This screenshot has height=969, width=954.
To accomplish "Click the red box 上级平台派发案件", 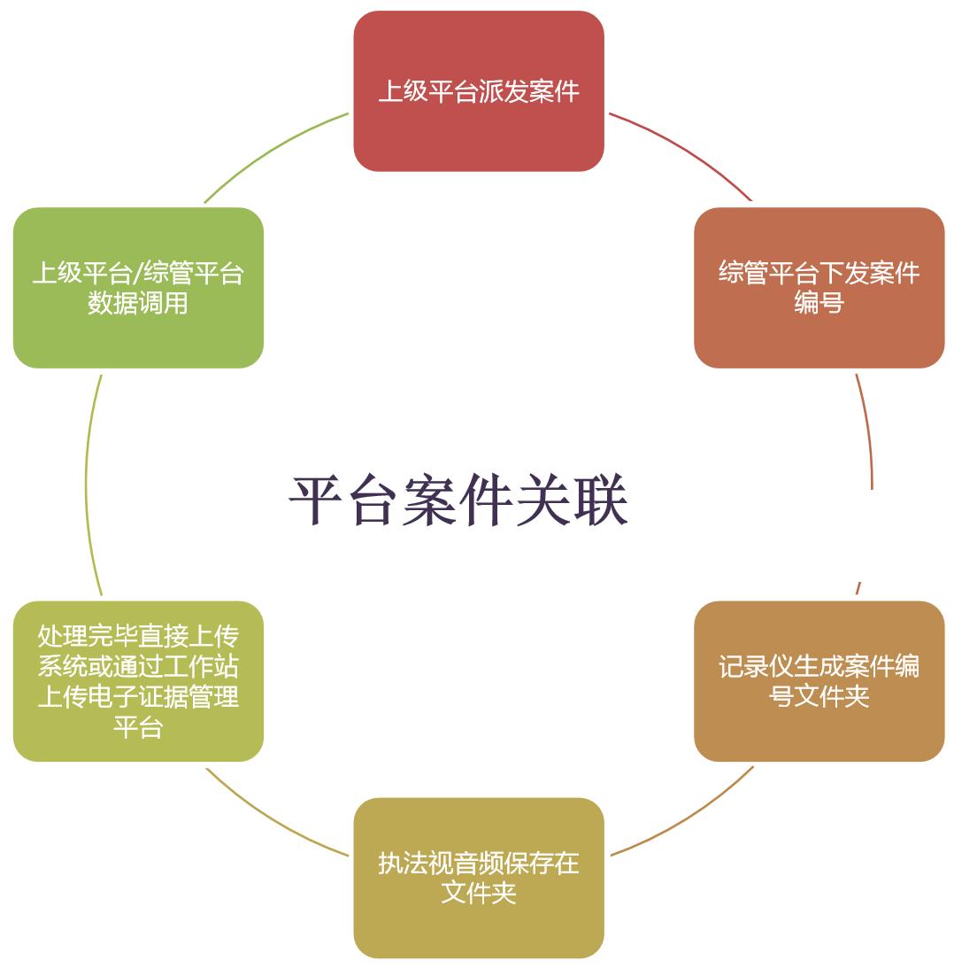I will tap(479, 91).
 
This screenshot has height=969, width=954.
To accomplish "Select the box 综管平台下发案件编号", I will tap(819, 287).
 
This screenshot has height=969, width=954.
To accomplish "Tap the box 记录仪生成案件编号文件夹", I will tap(819, 680).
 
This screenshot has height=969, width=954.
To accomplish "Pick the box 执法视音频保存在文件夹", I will tap(479, 877).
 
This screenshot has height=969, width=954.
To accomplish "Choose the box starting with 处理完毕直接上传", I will tap(138, 681).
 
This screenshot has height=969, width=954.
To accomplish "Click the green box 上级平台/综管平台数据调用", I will tap(138, 287).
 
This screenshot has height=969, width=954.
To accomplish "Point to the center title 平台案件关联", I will tap(458, 501).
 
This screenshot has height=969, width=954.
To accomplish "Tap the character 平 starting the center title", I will tap(317, 501).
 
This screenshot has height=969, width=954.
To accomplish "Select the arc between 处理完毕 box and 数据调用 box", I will tap(88, 483).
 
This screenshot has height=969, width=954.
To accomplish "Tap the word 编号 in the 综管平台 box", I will tap(819, 303).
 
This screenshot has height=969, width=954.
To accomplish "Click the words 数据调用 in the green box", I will tap(138, 303).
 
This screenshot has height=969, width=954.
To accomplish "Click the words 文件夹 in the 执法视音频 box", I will tap(479, 892).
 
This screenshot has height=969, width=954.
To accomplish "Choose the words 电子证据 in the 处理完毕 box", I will tap(138, 696).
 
